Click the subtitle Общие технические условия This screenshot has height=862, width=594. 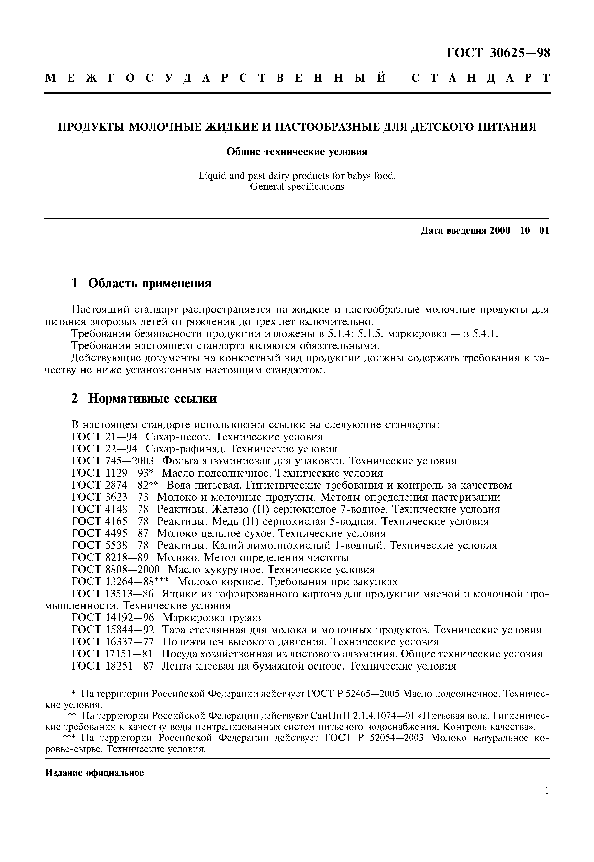pos(297,152)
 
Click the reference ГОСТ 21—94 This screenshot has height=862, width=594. pos(104,437)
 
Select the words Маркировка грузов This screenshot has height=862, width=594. pos(211,618)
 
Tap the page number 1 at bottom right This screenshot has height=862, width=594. pos(547,801)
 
